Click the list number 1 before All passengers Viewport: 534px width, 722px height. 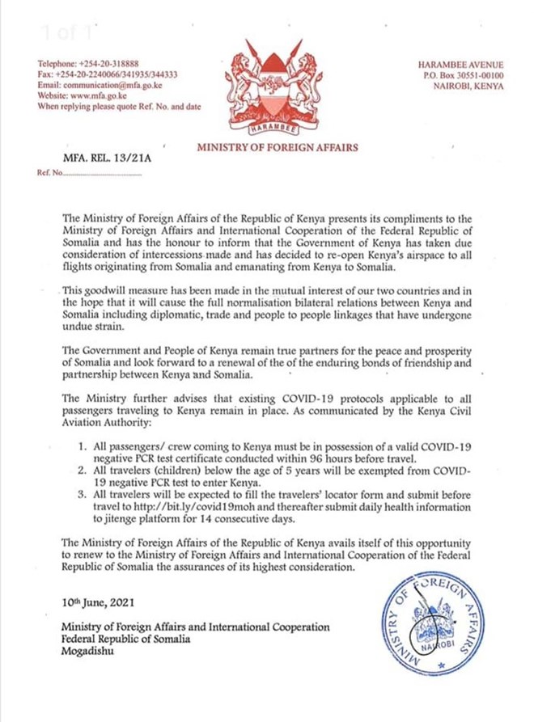click(x=82, y=445)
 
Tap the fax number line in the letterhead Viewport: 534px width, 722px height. click(x=108, y=74)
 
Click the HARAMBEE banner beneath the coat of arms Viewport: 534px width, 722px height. click(x=266, y=129)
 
